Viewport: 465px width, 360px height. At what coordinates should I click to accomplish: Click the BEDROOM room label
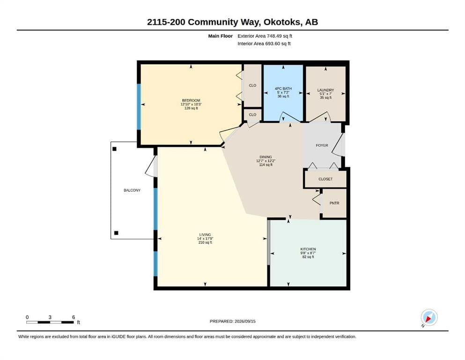click(191, 101)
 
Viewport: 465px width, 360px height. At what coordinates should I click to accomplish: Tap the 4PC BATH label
click(283, 89)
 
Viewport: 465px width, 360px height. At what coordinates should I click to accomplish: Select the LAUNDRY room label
click(325, 90)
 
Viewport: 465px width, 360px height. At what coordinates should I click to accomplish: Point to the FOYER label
click(322, 145)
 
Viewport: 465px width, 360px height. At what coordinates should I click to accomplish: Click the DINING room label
click(266, 157)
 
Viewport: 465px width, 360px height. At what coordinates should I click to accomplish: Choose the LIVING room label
click(205, 235)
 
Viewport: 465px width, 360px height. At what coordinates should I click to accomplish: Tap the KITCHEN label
click(308, 249)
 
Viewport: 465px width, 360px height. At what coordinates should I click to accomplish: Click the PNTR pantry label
click(334, 203)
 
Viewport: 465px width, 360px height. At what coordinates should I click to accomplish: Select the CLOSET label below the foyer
click(325, 179)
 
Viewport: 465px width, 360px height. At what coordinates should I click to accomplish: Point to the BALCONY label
click(132, 190)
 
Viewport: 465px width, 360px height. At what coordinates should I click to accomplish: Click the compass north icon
click(429, 317)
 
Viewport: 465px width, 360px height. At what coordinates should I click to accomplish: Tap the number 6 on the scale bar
click(74, 317)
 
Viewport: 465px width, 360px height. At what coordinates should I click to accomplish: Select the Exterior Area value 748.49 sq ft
click(280, 36)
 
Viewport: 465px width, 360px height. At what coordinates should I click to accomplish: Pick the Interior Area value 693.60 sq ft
click(278, 43)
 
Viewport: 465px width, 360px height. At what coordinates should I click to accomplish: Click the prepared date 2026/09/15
click(245, 321)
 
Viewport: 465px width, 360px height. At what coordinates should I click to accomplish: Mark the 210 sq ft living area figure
click(205, 242)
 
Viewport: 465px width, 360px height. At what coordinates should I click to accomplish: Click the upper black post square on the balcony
click(114, 149)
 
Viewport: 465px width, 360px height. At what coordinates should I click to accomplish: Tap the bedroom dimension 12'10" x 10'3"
click(191, 105)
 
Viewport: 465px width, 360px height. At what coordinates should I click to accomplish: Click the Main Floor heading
click(221, 36)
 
